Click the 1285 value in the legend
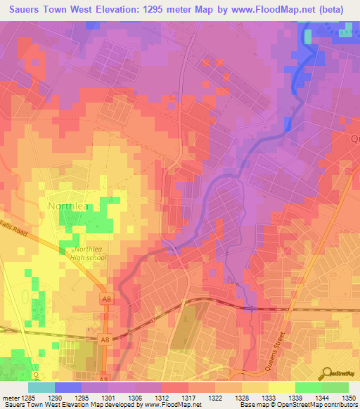28,396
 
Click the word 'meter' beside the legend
10,396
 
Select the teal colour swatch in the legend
41,387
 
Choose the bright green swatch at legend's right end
335,387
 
